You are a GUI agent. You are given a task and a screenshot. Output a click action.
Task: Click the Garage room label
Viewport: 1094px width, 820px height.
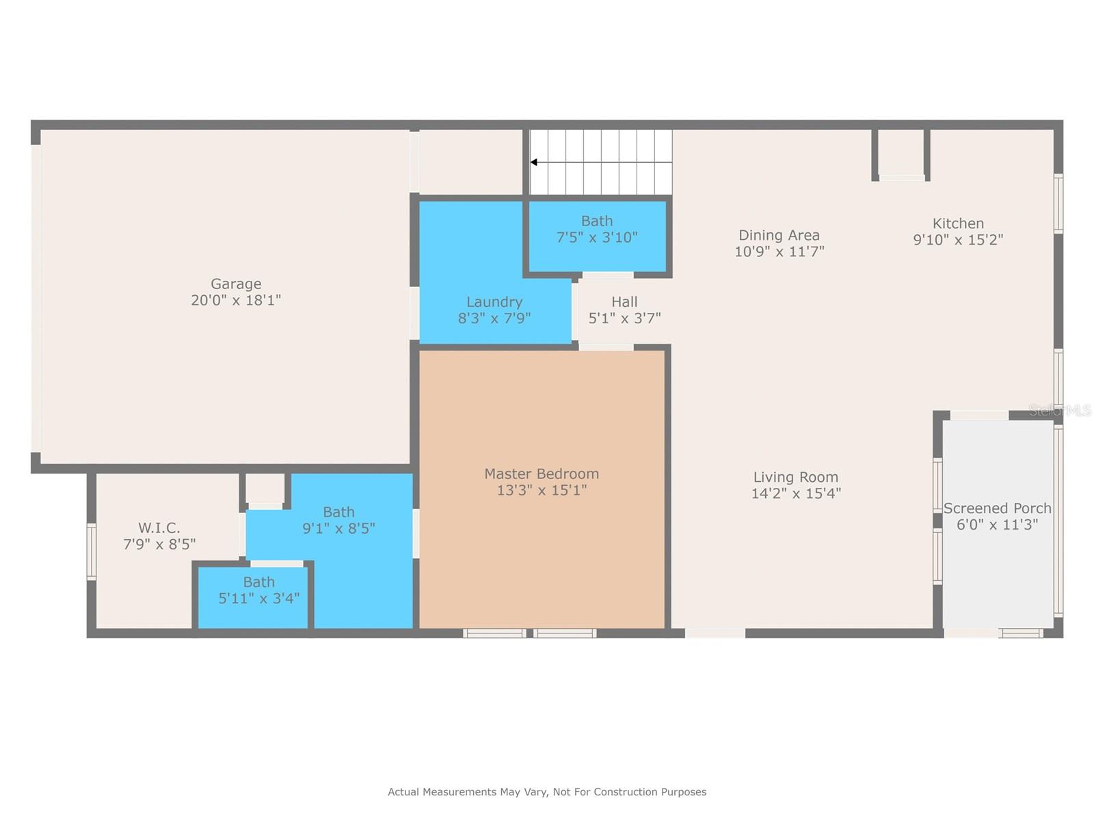point(236,284)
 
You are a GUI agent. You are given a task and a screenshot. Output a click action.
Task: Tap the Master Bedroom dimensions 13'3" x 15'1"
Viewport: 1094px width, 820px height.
point(542,490)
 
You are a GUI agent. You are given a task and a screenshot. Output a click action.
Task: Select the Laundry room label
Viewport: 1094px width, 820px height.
point(494,301)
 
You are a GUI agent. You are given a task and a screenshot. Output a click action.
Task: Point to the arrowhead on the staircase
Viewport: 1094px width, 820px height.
point(534,162)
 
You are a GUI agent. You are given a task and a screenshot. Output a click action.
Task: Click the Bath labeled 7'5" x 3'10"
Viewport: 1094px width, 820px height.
point(597,229)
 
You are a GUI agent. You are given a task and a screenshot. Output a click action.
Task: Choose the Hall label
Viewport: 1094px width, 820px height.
point(624,301)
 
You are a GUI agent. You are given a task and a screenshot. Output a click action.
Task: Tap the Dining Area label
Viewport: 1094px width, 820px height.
point(779,235)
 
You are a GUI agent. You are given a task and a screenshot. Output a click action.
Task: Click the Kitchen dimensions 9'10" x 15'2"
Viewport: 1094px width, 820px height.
point(958,240)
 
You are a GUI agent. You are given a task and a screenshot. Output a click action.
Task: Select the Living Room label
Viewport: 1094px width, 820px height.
point(795,477)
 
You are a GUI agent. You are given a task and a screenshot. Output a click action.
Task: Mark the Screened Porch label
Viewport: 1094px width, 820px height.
point(997,508)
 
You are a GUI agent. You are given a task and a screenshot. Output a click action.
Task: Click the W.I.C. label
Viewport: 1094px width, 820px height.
point(159,528)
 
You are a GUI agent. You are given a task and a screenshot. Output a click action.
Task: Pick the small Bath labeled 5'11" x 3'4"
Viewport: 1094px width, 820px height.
point(258,590)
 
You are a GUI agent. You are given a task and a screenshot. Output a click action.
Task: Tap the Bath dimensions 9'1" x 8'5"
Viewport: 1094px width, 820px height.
point(338,528)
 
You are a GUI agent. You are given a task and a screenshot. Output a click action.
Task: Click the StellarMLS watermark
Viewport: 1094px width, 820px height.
point(1060,410)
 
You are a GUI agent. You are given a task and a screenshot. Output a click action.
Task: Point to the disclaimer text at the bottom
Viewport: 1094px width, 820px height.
point(547,792)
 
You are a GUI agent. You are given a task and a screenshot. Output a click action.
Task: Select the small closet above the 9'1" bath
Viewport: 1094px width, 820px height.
point(265,489)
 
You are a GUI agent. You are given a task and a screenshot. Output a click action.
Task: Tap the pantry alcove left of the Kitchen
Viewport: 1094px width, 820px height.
point(900,152)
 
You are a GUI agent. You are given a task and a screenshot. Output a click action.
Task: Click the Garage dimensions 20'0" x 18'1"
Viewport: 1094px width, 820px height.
point(236,300)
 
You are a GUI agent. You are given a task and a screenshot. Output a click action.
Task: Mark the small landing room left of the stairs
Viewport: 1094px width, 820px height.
point(470,161)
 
